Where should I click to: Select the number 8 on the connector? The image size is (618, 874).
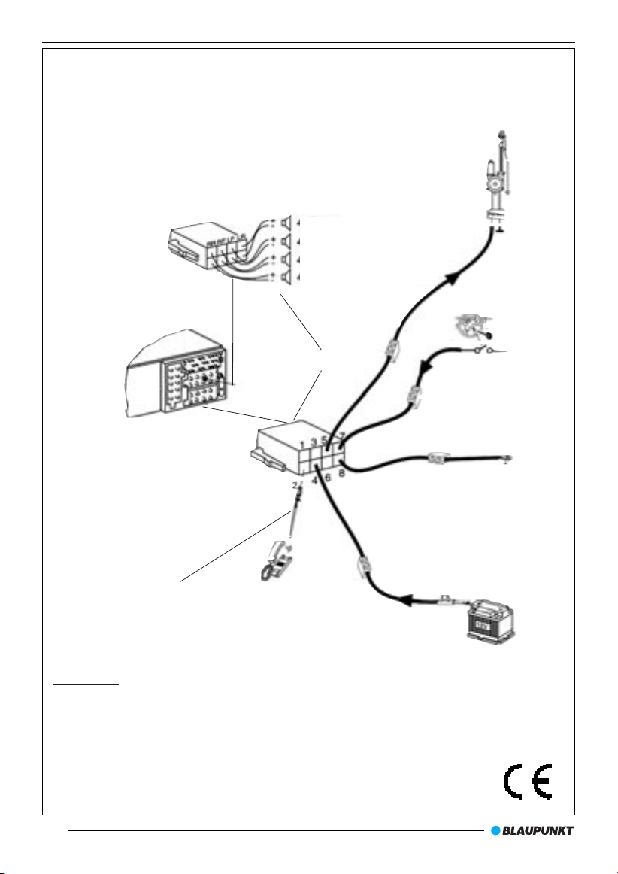(x=341, y=473)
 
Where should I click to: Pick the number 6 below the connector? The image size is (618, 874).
(x=328, y=477)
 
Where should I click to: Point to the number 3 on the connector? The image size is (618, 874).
(x=314, y=442)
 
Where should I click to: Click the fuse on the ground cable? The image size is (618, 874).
(x=438, y=457)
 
